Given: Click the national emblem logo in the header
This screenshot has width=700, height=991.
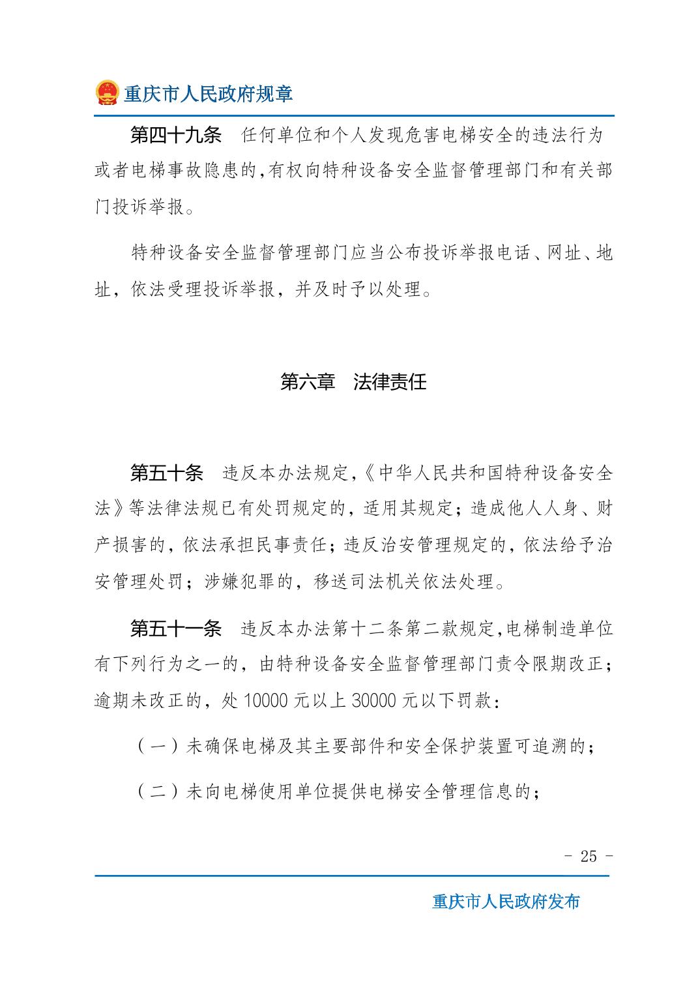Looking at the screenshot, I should (x=108, y=93).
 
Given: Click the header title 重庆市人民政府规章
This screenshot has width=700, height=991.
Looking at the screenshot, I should (x=209, y=94).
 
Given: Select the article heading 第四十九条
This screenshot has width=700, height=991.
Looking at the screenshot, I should (x=176, y=136).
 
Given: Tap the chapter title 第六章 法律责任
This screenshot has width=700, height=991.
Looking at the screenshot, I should (x=353, y=381).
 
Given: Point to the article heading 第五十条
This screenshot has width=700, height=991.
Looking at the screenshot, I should (x=167, y=473).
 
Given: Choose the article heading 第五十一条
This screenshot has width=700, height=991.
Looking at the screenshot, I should (x=176, y=629).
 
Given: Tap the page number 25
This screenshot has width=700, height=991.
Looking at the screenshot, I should (x=589, y=856).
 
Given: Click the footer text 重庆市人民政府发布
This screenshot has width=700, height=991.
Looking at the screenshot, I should (x=506, y=902).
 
